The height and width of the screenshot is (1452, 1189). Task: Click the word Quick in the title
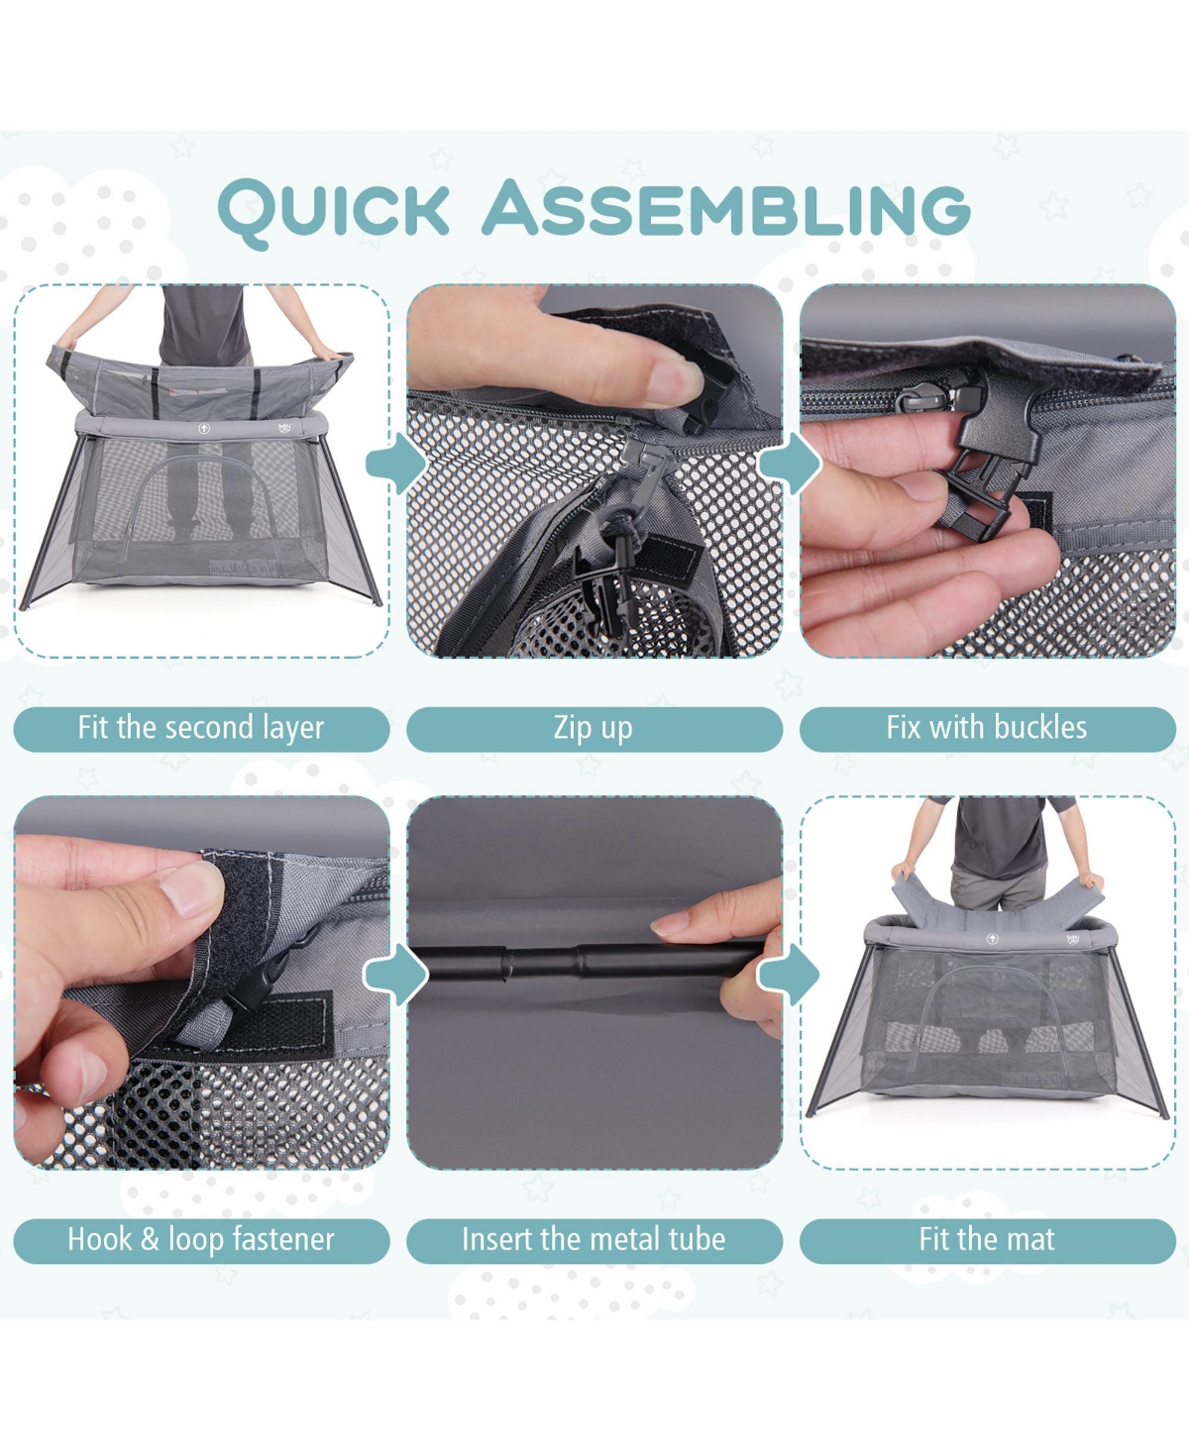(333, 211)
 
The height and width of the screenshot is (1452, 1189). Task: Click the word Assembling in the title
(726, 207)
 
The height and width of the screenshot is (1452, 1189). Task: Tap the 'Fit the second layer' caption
(200, 728)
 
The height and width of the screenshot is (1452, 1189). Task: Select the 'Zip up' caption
(594, 728)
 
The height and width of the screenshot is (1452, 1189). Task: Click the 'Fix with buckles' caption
(987, 727)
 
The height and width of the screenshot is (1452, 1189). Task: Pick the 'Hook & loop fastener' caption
(200, 1239)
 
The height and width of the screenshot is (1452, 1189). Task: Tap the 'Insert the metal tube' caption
(594, 1239)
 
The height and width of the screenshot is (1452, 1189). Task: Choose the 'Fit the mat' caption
(987, 1239)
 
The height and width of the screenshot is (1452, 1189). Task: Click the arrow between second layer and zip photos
(396, 465)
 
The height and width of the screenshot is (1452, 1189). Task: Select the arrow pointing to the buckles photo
(790, 465)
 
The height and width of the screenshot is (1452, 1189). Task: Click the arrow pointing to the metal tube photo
(396, 975)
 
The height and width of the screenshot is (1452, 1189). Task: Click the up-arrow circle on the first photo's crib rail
(204, 428)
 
